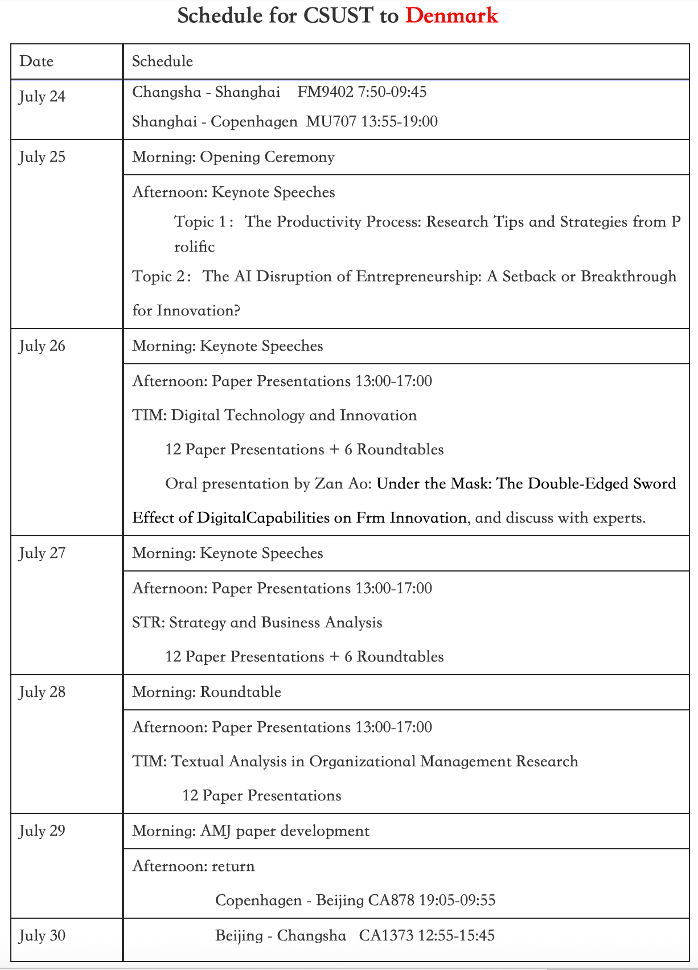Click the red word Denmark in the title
coord(451,15)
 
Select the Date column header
coord(36,61)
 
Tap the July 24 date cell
coord(42,97)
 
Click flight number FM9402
coord(326,92)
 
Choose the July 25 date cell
coord(42,157)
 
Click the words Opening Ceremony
coord(267,157)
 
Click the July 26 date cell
coord(42,346)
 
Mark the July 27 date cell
coord(42,553)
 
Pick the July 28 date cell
coord(42,692)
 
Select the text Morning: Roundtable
coord(207,692)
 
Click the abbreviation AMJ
coord(215,831)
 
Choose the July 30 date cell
coord(42,936)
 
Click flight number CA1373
coord(386,936)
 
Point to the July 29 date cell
coord(42,831)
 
